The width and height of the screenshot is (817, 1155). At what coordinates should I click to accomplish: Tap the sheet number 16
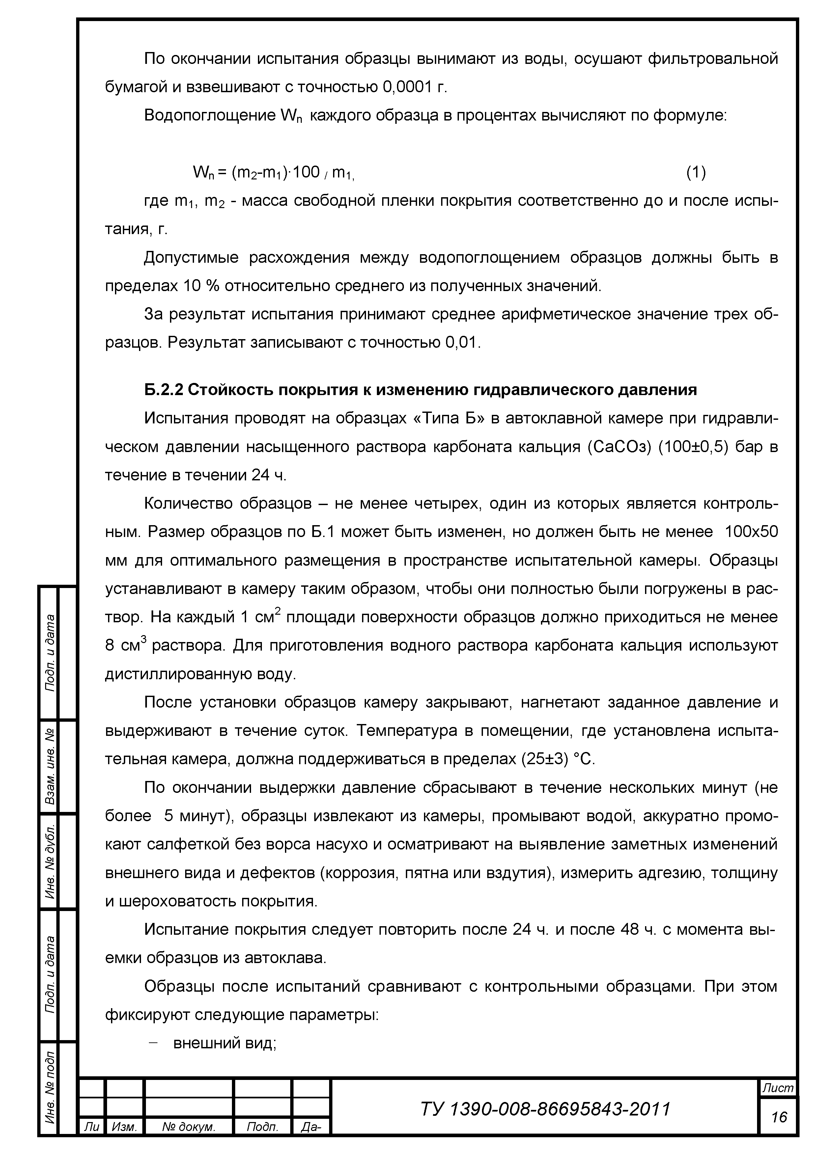click(779, 1117)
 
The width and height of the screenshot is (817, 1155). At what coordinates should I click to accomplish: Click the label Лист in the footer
click(778, 1088)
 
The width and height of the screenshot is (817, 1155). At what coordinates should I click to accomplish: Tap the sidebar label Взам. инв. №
click(50, 766)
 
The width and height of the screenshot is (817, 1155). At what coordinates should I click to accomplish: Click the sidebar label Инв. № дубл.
click(50, 862)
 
